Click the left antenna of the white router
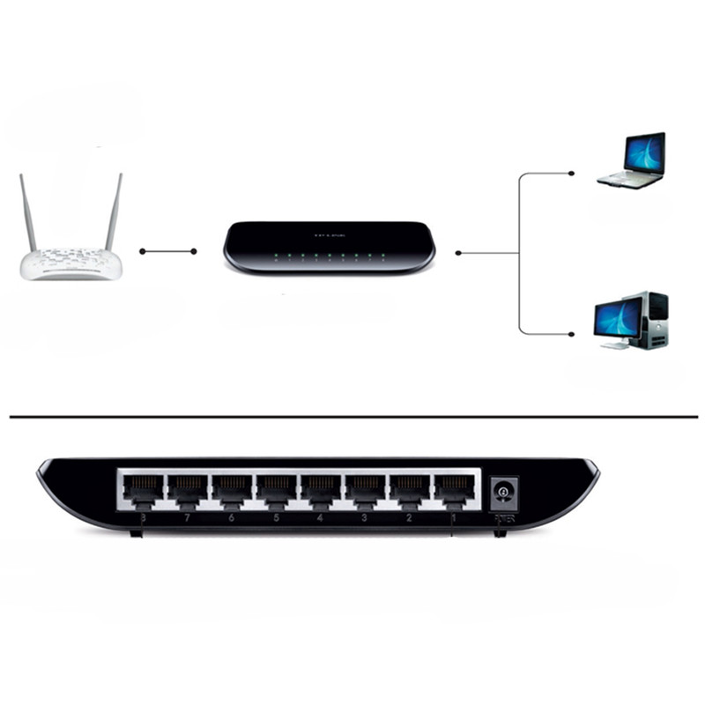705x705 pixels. tap(28, 212)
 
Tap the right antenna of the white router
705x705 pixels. tap(113, 212)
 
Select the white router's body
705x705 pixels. tap(70, 263)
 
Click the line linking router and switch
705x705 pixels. tap(167, 252)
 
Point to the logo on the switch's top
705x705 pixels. tap(328, 235)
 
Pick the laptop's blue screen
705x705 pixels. tap(644, 153)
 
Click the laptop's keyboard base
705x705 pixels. tap(629, 179)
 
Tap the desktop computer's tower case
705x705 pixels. tap(656, 319)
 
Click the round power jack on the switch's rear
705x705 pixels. tap(503, 492)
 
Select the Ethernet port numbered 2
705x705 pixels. tap(409, 490)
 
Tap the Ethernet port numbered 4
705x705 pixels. tap(320, 490)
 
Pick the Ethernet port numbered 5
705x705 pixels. tap(276, 490)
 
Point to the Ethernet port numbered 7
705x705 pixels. tap(187, 490)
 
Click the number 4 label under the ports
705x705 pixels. tap(320, 520)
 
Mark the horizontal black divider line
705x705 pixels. tap(352, 416)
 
